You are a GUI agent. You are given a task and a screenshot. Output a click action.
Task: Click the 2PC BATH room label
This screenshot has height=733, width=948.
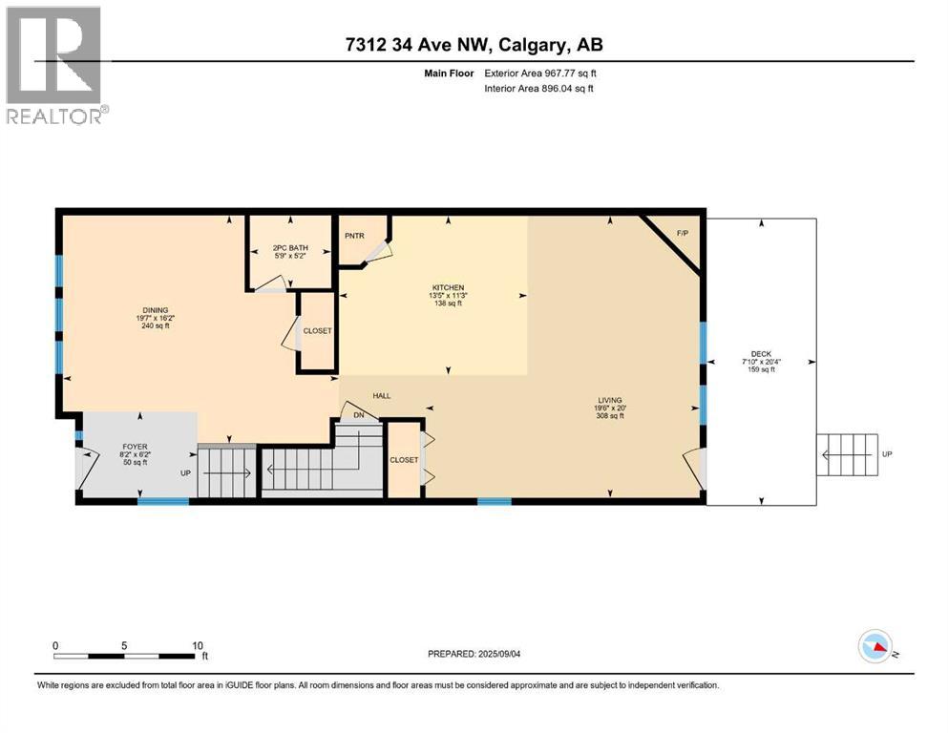click(x=289, y=249)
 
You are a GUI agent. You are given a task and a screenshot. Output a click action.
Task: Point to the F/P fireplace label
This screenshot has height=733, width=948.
click(x=682, y=233)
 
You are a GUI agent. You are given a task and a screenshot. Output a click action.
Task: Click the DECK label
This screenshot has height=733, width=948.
click(x=760, y=353)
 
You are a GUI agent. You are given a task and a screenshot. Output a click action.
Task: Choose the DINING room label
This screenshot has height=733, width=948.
click(x=155, y=309)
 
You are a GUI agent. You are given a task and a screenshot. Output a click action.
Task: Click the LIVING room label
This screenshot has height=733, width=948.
click(x=609, y=400)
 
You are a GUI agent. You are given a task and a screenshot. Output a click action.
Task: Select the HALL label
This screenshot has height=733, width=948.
click(x=382, y=396)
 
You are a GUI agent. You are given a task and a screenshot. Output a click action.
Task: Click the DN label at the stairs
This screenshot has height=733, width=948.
click(x=359, y=415)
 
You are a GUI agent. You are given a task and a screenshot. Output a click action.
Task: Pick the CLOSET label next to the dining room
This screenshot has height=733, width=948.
click(x=317, y=331)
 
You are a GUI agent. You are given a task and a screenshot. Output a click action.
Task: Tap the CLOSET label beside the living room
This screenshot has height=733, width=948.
click(x=404, y=460)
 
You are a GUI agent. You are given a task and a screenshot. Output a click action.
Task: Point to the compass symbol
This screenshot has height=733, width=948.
click(x=875, y=647)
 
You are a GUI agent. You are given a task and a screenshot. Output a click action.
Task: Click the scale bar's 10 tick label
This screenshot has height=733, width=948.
click(x=198, y=645)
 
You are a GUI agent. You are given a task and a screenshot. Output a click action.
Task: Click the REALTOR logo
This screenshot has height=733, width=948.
click(x=54, y=65)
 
